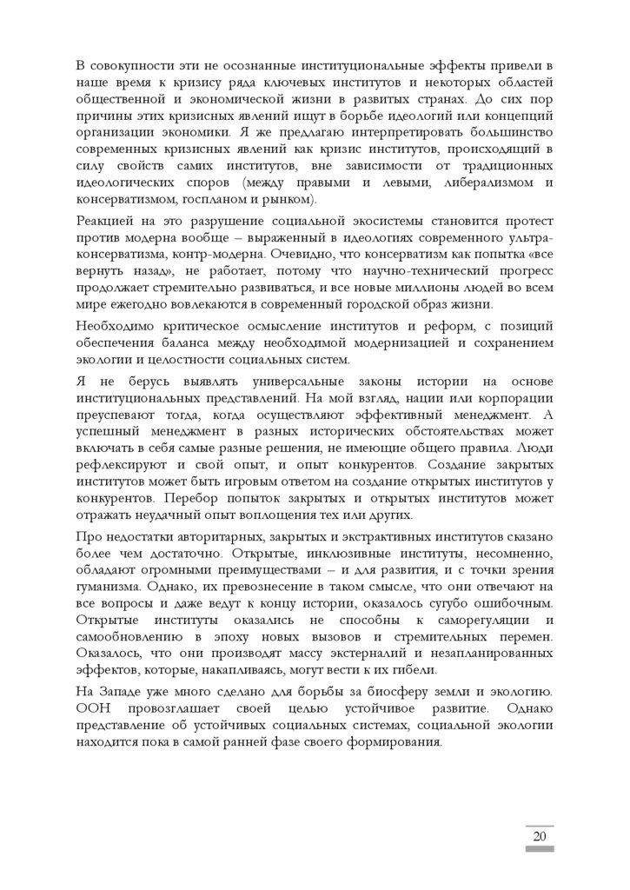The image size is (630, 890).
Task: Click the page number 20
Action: pyautogui.click(x=539, y=836)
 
